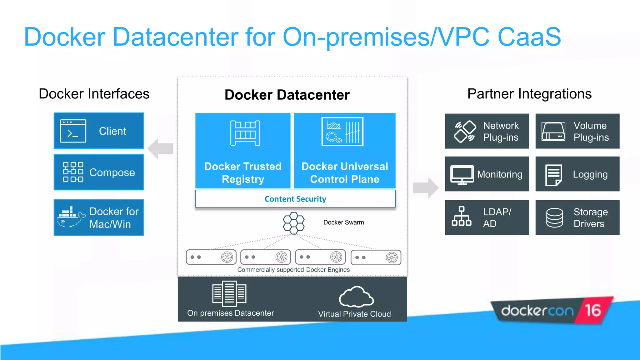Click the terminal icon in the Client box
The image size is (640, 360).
point(73,131)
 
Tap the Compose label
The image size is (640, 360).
point(112,172)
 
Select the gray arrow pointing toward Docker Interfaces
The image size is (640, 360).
point(161,148)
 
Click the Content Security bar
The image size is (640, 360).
point(295,199)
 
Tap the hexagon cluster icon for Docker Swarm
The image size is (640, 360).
point(293,223)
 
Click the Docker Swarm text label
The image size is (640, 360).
point(343,222)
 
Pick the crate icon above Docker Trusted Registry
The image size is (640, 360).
point(245,133)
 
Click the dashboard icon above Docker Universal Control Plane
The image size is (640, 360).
point(342,132)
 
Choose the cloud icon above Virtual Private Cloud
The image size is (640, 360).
point(356,297)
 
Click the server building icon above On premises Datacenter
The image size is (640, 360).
point(229,293)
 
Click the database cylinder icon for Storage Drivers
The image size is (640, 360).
point(554,217)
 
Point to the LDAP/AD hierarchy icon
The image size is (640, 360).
point(461,216)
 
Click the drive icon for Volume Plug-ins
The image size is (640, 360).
point(553,132)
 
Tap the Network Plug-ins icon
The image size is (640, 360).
point(465,132)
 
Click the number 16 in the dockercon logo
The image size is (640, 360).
point(593,310)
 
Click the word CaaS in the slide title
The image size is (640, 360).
point(529,37)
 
